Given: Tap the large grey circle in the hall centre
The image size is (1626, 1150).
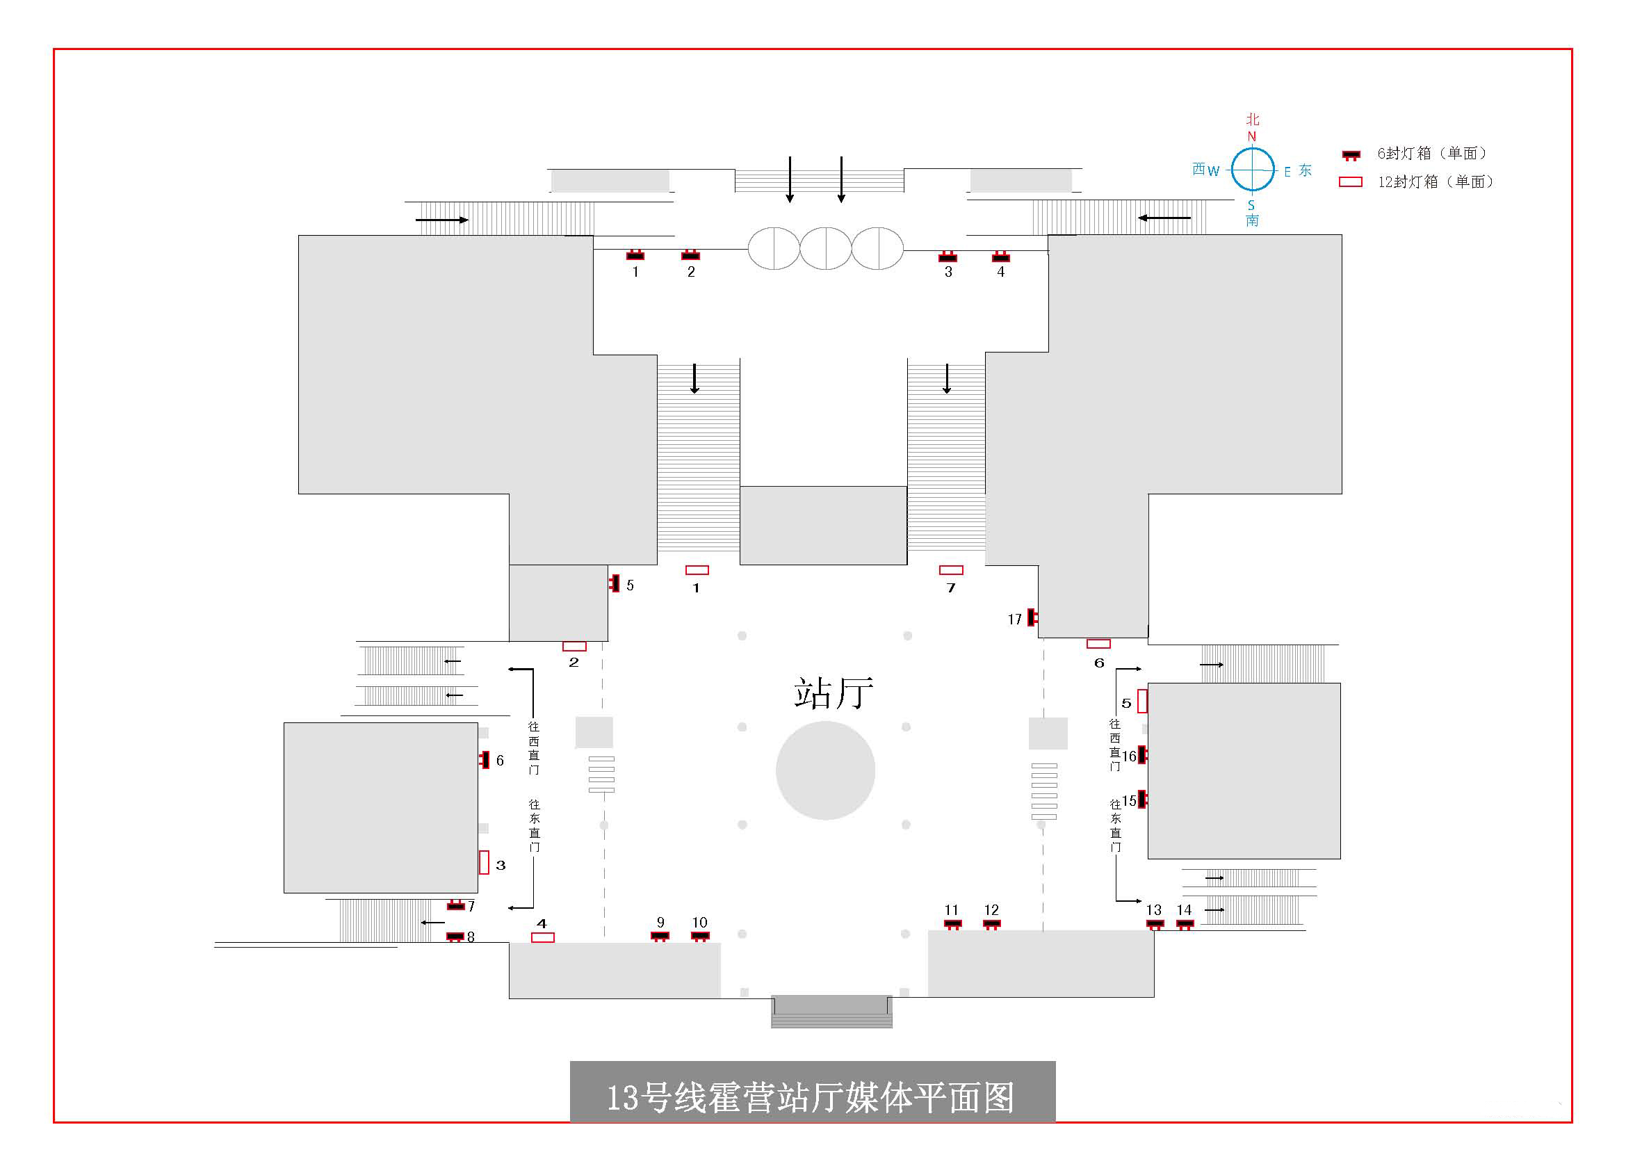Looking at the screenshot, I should [x=825, y=770].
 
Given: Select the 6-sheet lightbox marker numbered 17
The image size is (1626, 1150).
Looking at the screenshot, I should [x=1032, y=617].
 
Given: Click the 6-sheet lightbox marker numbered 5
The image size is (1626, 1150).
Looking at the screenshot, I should [x=614, y=583].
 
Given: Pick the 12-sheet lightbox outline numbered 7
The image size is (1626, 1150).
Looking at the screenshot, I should [x=950, y=570].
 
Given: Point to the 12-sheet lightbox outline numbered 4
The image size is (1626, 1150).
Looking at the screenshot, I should [x=542, y=937].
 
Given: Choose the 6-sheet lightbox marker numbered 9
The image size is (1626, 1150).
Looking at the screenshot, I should [x=659, y=936].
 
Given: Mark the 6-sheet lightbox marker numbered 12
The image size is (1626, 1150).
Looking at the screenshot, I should [x=991, y=923].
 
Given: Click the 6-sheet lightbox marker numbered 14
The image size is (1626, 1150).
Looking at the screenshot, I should [x=1185, y=923].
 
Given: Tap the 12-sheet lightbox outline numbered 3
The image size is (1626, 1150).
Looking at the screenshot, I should [x=485, y=861].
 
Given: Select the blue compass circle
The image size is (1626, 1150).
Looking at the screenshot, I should [x=1252, y=170].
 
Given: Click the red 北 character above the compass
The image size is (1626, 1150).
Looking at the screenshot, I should [x=1253, y=119].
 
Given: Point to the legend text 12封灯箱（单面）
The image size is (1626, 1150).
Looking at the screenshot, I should [x=1435, y=182].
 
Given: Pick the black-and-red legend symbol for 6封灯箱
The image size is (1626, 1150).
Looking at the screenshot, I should [x=1351, y=154].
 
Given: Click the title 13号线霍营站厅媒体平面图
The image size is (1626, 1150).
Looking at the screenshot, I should [x=811, y=1097].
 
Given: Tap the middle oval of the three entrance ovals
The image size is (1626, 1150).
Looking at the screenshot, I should [x=826, y=248].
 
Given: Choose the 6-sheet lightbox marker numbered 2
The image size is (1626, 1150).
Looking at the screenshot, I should [x=690, y=255].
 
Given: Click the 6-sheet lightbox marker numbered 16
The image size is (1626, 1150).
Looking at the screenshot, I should [x=1141, y=755].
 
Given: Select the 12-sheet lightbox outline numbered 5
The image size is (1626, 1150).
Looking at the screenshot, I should [x=1141, y=701].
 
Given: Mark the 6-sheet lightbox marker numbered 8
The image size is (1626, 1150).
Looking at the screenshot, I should [x=455, y=937].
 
